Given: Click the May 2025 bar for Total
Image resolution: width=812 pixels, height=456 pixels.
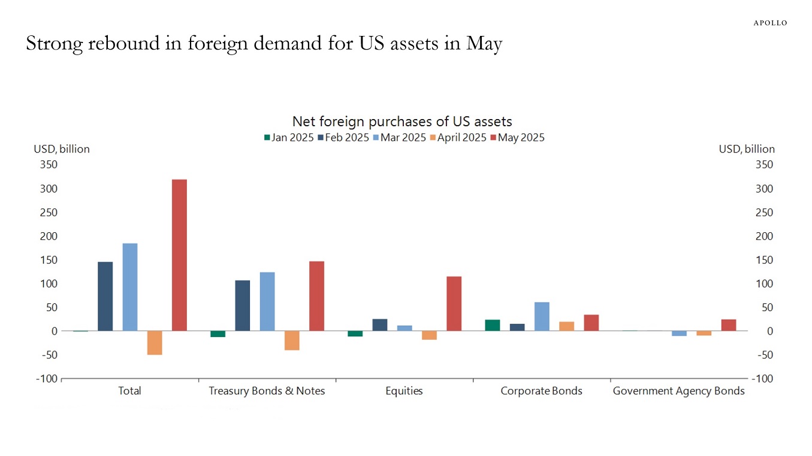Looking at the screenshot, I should click(179, 255).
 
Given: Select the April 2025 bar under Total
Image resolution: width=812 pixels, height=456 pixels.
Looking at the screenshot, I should click(155, 343).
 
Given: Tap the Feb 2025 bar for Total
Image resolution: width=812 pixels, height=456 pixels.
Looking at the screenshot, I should click(105, 296).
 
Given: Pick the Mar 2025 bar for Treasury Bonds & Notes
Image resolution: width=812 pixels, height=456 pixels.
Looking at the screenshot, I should click(267, 302).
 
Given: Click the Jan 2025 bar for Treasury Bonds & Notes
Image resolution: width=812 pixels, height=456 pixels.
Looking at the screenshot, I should click(218, 334).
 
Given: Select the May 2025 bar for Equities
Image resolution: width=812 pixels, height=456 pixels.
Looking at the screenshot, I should click(454, 303).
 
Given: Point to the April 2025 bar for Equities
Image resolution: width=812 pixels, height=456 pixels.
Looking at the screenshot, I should click(430, 335).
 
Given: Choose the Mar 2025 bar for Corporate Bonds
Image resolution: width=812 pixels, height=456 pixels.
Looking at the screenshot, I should click(542, 317).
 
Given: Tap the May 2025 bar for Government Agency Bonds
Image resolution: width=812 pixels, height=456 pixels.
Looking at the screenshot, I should click(729, 325).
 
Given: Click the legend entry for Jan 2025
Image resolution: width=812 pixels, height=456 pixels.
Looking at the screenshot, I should click(288, 138).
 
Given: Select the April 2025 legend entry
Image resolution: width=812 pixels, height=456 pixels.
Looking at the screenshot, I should click(458, 138).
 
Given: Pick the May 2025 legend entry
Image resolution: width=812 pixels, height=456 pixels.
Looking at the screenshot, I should click(517, 138).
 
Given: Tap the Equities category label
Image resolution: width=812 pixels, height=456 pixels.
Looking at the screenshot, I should click(404, 391).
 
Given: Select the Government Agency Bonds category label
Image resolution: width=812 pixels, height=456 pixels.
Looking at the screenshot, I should click(678, 391).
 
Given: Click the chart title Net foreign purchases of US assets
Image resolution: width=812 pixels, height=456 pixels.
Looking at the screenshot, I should click(402, 122).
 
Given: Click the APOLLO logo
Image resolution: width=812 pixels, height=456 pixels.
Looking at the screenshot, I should click(770, 23).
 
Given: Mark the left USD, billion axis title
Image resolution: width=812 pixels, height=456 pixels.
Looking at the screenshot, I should click(61, 149).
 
